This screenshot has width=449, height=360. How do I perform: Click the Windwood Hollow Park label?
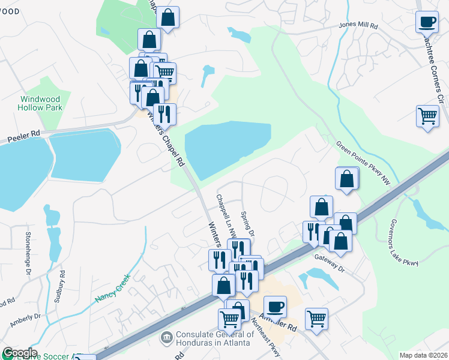pos(41,103)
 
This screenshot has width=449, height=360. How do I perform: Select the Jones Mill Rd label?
pos(358,26)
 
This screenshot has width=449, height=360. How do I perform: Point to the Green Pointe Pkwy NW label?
pos(363,163)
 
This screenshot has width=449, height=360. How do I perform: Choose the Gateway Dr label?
pos(330,262)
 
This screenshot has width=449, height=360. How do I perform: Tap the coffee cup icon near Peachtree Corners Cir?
pos(427,23)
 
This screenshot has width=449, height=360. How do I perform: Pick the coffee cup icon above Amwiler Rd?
pos(275,307)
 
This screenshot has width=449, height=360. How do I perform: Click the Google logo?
pos(19,353)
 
